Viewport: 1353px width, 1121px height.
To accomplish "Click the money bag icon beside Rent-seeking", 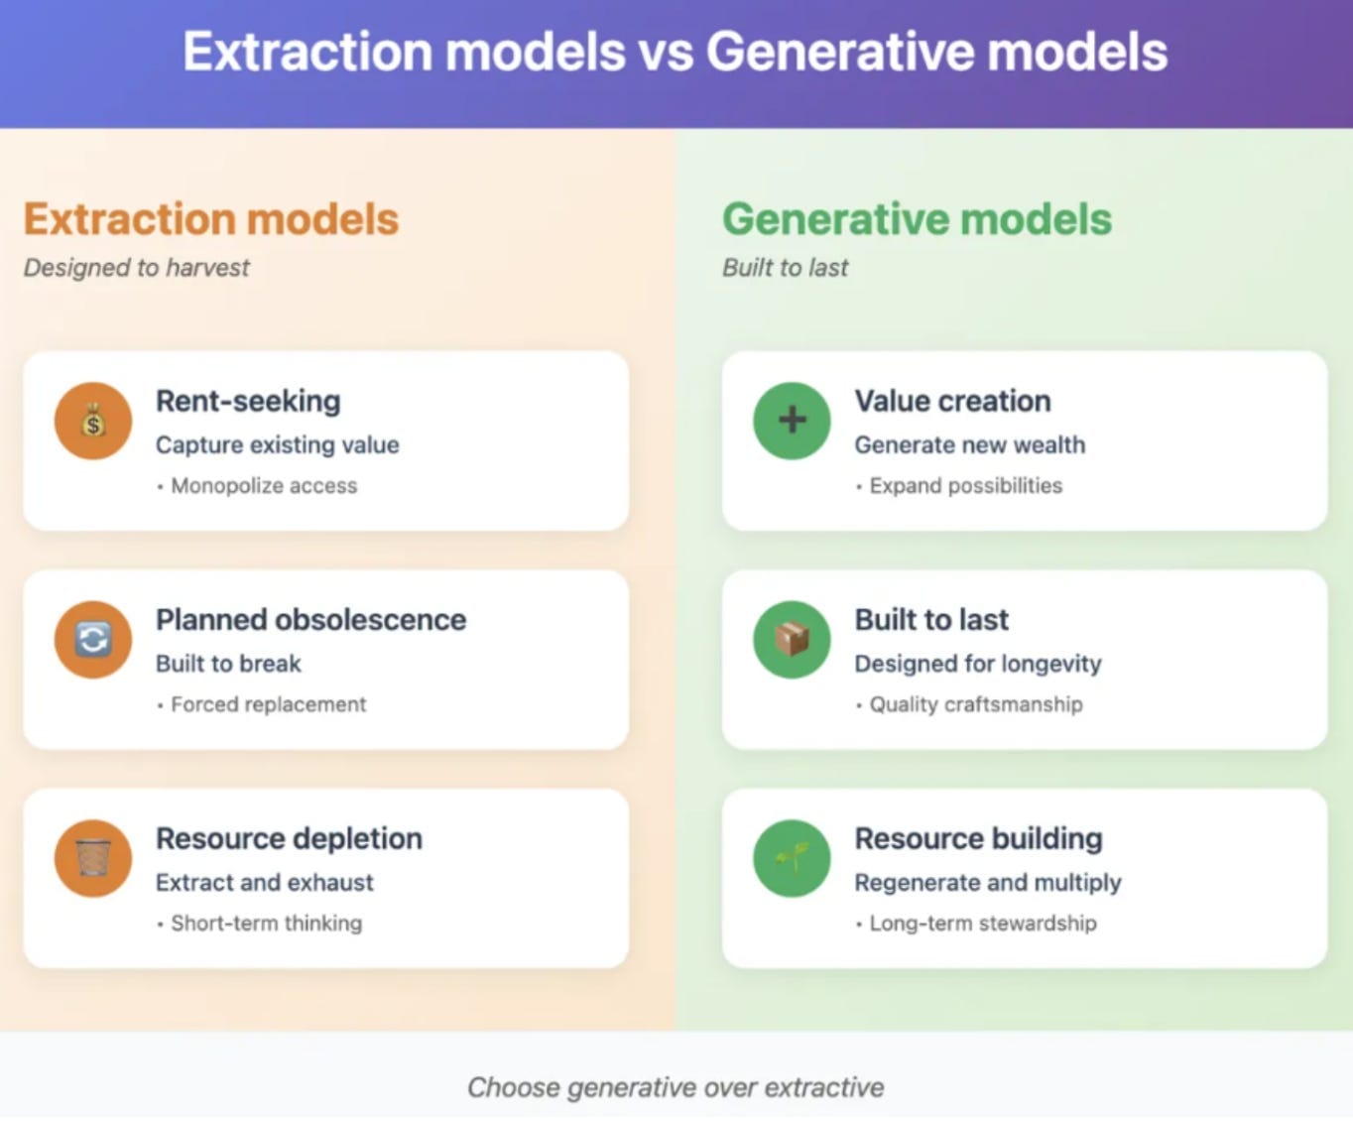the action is (93, 421).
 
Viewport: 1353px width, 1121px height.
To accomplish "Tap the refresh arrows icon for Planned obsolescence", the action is (93, 639).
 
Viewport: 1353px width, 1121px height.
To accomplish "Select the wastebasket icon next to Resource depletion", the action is (93, 857).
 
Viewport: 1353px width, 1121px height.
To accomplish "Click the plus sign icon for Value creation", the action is (792, 420).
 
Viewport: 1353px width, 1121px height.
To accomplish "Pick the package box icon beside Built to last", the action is (792, 639).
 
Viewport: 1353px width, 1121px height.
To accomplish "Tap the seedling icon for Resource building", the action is (792, 857).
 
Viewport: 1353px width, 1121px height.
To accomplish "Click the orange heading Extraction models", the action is (211, 219).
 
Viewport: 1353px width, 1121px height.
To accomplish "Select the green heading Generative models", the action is (917, 219).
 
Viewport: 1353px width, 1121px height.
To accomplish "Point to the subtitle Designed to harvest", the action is (137, 268).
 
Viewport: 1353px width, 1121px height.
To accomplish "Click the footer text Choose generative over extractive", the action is (676, 1087).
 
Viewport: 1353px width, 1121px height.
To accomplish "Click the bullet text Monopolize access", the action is (264, 485).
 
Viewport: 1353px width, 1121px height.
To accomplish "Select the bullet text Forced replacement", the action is (268, 704).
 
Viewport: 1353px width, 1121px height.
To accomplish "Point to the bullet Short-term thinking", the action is (266, 923).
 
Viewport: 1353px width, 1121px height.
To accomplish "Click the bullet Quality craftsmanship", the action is (976, 704).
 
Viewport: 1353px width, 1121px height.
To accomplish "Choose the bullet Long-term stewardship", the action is (983, 923).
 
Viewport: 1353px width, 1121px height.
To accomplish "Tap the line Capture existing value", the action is (278, 445).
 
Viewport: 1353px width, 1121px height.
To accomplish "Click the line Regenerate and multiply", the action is (988, 883).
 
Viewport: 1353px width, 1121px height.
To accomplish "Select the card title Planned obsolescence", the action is (311, 620).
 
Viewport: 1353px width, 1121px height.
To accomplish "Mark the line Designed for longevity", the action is (978, 665).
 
